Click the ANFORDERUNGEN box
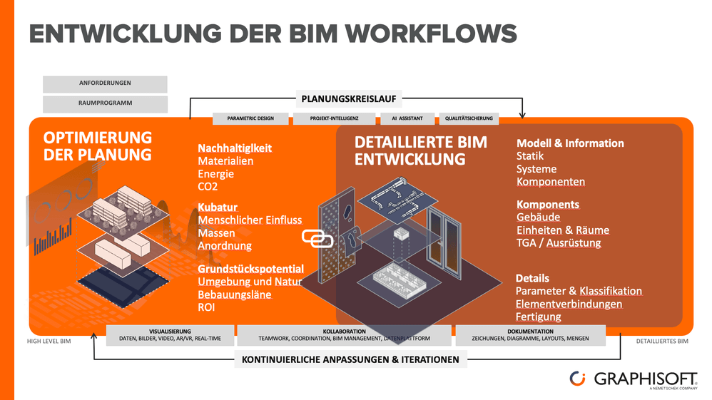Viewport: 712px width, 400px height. (105, 83)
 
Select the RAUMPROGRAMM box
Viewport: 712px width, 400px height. (105, 103)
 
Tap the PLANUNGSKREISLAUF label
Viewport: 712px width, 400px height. (349, 98)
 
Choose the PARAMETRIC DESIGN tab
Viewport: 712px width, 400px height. (251, 118)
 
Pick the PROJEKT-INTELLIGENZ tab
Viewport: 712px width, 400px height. (334, 118)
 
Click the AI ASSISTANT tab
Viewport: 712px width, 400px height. (402, 118)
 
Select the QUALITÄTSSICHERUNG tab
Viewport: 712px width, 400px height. (468, 118)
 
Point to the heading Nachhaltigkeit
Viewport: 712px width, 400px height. (235, 148)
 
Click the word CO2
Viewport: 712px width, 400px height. (208, 187)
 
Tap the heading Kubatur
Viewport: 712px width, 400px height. (218, 207)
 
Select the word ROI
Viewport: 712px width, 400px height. (206, 307)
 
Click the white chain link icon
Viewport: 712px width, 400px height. (317, 238)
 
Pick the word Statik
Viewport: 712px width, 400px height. (532, 156)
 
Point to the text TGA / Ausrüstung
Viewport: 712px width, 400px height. (559, 243)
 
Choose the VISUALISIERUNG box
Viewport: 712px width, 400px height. (170, 334)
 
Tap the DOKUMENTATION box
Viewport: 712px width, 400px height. (530, 334)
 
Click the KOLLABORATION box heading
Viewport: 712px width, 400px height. (344, 332)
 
